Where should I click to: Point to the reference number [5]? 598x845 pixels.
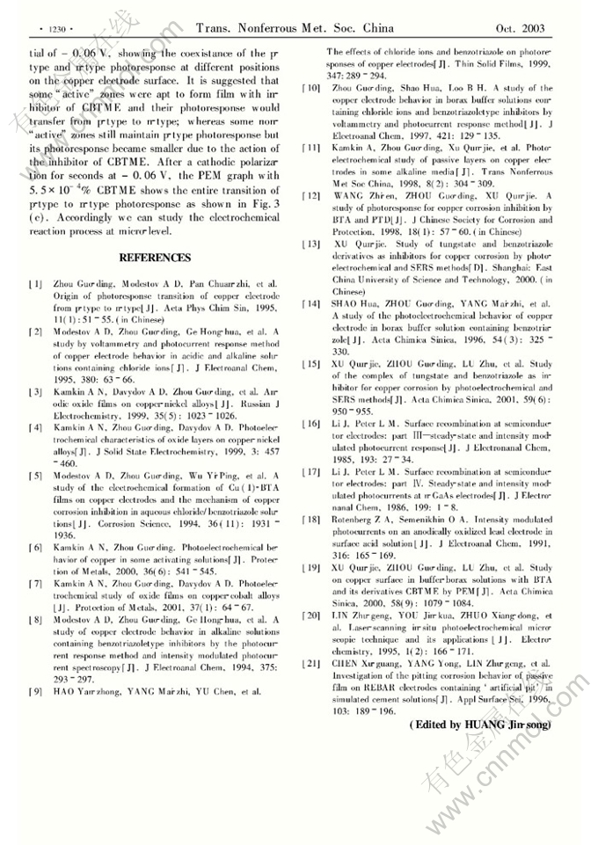[35, 476]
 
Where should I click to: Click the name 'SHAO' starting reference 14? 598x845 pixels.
[344, 303]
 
